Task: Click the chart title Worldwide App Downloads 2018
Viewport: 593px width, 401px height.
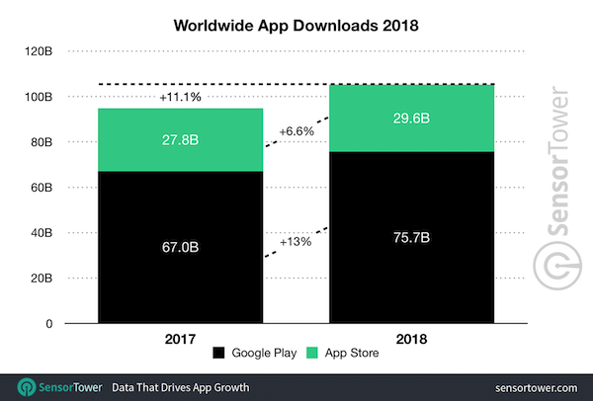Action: pyautogui.click(x=296, y=22)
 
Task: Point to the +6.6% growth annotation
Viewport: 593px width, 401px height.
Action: pyautogui.click(x=296, y=131)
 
